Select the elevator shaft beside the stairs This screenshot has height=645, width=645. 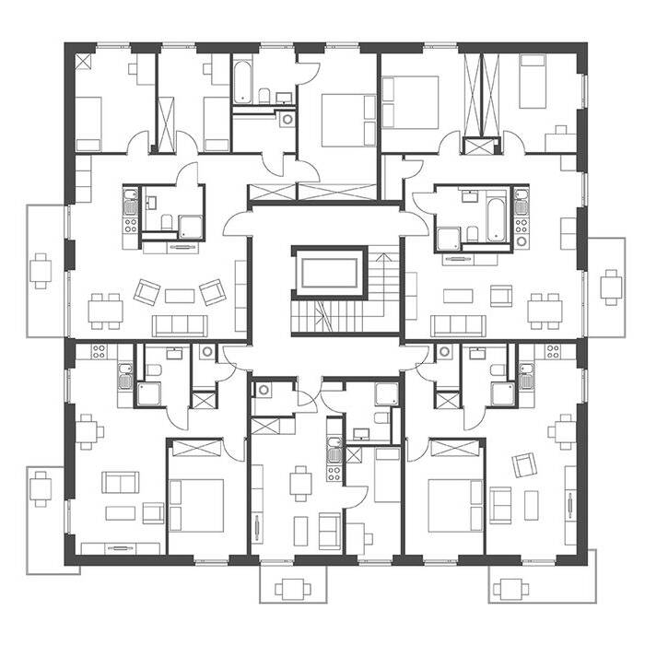click(325, 274)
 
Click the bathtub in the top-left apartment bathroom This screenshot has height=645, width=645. click(244, 82)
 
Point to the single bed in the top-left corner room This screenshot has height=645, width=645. click(88, 123)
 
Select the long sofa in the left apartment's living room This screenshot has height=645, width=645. click(181, 324)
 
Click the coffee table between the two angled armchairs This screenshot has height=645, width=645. click(178, 295)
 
